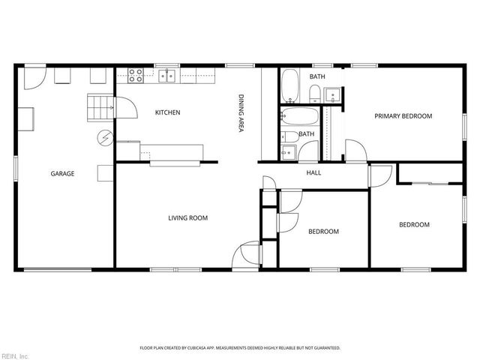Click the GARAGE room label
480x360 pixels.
(62, 173)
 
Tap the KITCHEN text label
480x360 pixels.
(167, 112)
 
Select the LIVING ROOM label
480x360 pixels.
(187, 218)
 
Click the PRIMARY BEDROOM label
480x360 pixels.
(403, 115)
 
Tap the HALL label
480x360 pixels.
(313, 173)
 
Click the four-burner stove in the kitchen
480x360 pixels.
(136, 74)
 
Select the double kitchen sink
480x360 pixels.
(167, 75)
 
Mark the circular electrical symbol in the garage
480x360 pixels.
(106, 137)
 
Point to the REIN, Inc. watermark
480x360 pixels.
(14, 355)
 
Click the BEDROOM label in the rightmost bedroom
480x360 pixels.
(413, 225)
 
